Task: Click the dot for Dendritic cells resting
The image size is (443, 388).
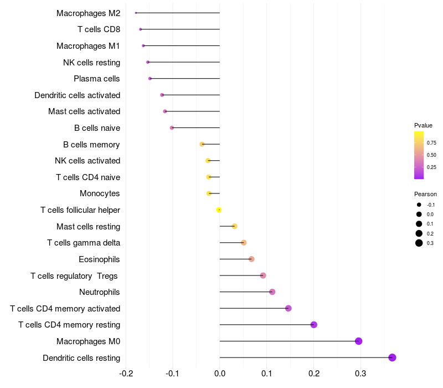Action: coord(392,358)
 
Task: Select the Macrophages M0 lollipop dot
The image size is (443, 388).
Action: coord(358,341)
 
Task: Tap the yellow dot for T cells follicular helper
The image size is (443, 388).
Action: coord(219,210)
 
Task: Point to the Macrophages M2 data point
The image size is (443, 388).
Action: coord(136,13)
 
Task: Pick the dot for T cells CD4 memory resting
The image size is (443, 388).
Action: coord(314,325)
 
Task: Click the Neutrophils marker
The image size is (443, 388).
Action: coord(272,292)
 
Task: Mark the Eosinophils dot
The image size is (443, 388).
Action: coord(251,259)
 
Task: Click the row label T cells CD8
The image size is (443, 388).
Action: coord(99,29)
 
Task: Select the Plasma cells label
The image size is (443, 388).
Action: coord(97,79)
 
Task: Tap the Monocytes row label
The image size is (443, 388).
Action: coord(100,193)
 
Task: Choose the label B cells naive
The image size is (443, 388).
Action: coord(97,128)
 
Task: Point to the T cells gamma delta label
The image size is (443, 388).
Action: coord(84,243)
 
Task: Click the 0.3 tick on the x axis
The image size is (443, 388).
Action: coord(360,373)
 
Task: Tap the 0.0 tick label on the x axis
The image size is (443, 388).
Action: coord(220,373)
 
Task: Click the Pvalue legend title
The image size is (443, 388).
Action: coord(423,125)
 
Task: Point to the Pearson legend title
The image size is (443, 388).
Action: coord(425,194)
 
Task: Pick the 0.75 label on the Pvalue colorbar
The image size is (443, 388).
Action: coord(431,142)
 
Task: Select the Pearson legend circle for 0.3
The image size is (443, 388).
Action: coord(419,243)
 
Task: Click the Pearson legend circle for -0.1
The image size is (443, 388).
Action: coord(419,205)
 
